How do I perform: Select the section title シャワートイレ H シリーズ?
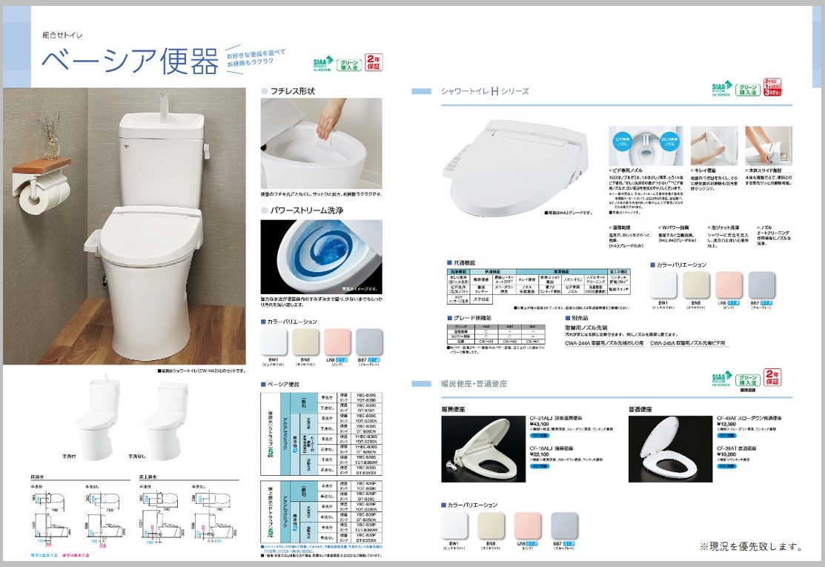click(485, 91)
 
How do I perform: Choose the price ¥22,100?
click(518, 454)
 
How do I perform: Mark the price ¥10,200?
click(729, 454)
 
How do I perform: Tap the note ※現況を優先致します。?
click(751, 547)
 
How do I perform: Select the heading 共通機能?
click(465, 262)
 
